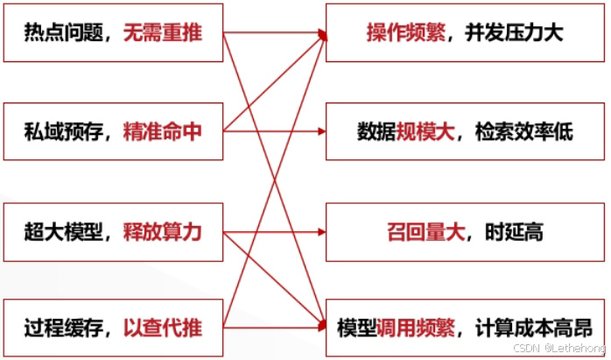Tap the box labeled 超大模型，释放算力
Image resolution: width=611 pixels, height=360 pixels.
pyautogui.click(x=113, y=233)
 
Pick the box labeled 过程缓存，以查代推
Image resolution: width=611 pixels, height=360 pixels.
pyautogui.click(x=113, y=329)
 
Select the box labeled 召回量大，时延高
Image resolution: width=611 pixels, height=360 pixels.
pyautogui.click(x=463, y=233)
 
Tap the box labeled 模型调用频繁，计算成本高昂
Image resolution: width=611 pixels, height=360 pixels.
pyautogui.click(x=463, y=329)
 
